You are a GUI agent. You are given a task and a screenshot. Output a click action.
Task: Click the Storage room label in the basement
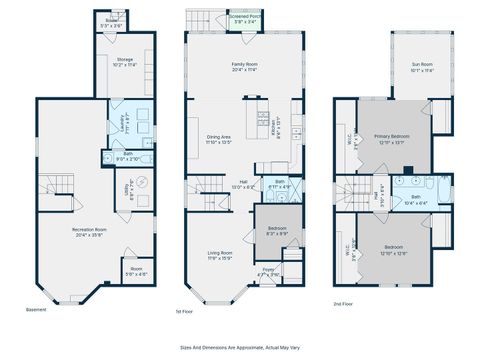[x=125, y=61]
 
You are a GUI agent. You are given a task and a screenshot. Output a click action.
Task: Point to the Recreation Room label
[x=89, y=232]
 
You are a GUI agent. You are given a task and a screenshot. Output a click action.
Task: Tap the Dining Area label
[x=218, y=139]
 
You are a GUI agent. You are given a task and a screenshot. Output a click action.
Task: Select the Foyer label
[x=268, y=270]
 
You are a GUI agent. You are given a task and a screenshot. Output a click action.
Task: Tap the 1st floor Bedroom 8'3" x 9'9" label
[x=277, y=231]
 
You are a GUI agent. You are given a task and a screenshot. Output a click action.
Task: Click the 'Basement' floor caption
[x=36, y=310]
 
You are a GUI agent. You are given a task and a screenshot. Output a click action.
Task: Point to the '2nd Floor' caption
[x=345, y=302]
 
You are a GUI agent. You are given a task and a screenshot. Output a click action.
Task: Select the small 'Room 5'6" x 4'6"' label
[x=136, y=271]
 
